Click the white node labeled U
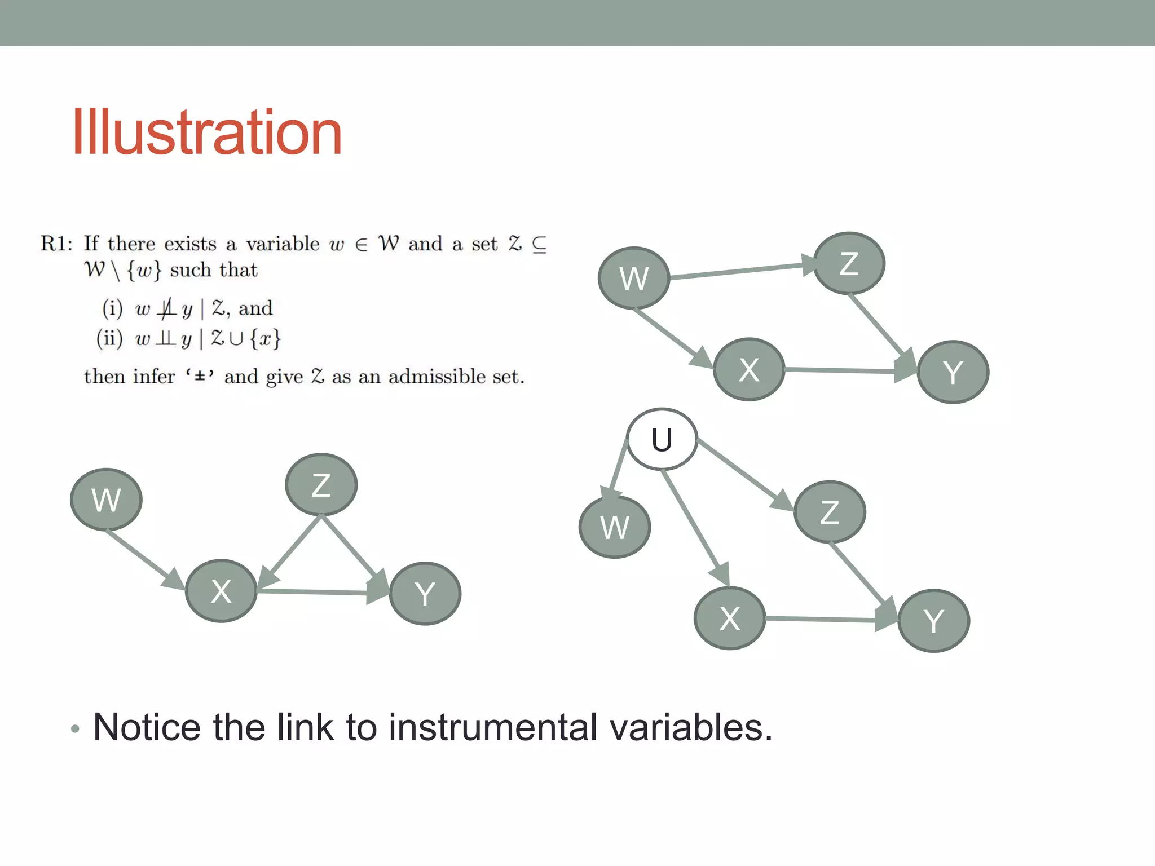tap(662, 440)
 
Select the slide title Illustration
tap(207, 132)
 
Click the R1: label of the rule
tap(56, 244)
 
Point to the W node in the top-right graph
tap(633, 278)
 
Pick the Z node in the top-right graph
tap(849, 263)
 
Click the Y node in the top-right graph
tap(953, 372)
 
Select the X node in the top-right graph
tap(749, 370)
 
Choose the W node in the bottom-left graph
tap(106, 500)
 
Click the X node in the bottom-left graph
tap(221, 591)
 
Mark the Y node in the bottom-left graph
tap(425, 594)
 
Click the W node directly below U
tap(615, 527)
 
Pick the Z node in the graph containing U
tap(829, 512)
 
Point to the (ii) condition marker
tap(109, 338)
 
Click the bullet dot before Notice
tap(76, 729)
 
